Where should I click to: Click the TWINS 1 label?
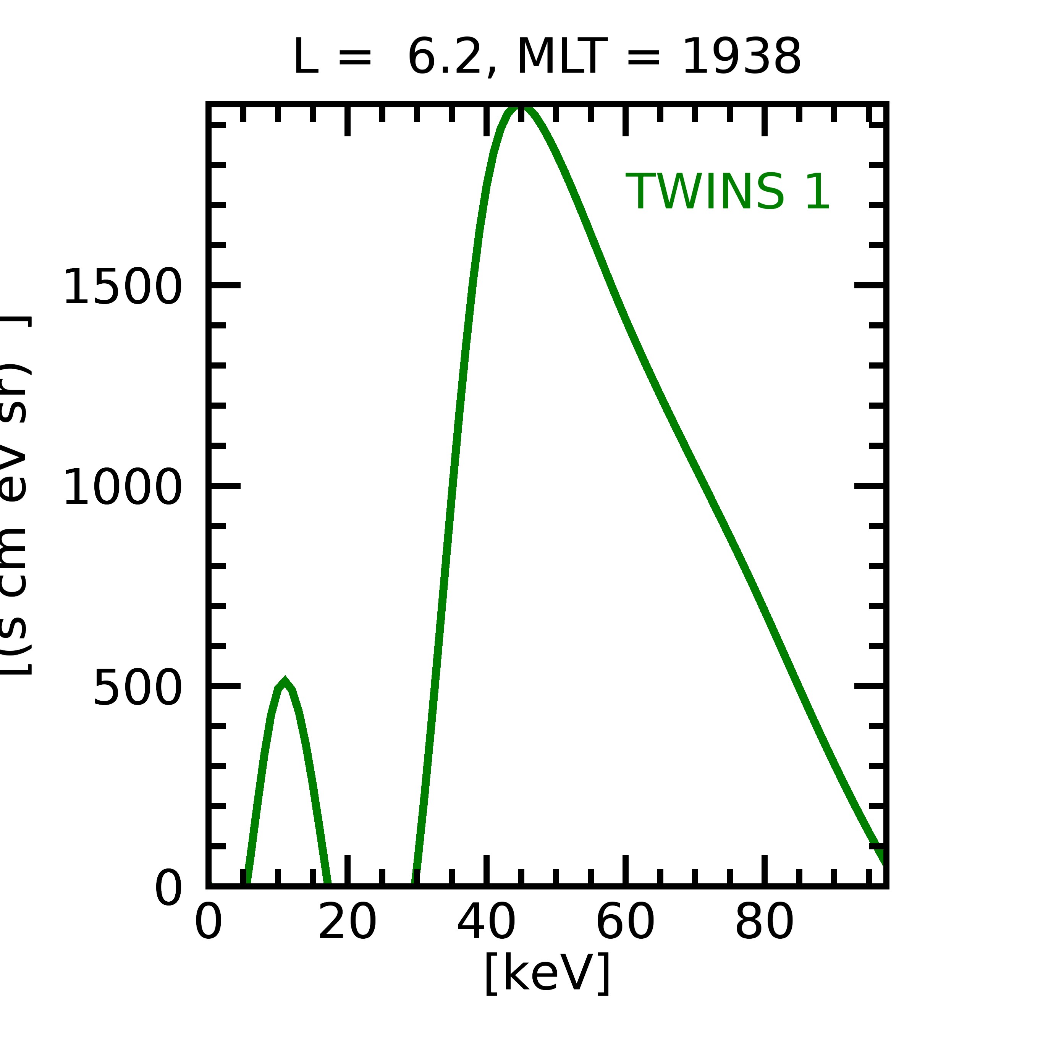(x=727, y=192)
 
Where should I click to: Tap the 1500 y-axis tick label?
(x=123, y=287)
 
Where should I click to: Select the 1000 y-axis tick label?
(x=123, y=487)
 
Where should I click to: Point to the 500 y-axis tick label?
(x=137, y=688)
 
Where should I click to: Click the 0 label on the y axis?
(x=168, y=888)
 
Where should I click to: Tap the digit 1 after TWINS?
(x=817, y=192)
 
